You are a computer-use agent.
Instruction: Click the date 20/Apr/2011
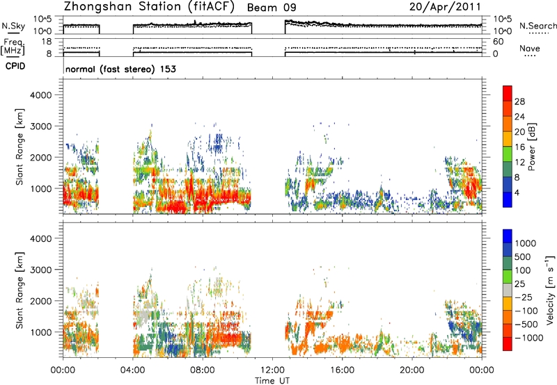[x=445, y=7]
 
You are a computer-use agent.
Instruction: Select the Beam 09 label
[x=272, y=8]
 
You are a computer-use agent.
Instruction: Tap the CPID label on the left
[x=15, y=66]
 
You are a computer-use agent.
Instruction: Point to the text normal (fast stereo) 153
[x=120, y=69]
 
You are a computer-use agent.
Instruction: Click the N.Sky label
[x=13, y=26]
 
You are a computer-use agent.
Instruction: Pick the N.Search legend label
[x=538, y=26]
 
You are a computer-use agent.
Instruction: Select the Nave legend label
[x=530, y=48]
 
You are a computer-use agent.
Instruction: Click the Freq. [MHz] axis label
[x=13, y=47]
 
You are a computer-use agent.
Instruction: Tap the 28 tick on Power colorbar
[x=519, y=101]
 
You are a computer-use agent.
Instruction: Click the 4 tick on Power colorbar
[x=517, y=193]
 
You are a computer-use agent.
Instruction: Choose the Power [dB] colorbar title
[x=532, y=147]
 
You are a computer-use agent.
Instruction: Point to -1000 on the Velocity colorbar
[x=529, y=338]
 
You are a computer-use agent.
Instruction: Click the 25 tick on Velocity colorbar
[x=519, y=284]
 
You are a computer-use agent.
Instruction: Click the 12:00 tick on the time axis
[x=272, y=370]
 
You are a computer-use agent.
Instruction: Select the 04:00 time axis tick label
[x=133, y=370]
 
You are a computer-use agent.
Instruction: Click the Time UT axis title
[x=272, y=381]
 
